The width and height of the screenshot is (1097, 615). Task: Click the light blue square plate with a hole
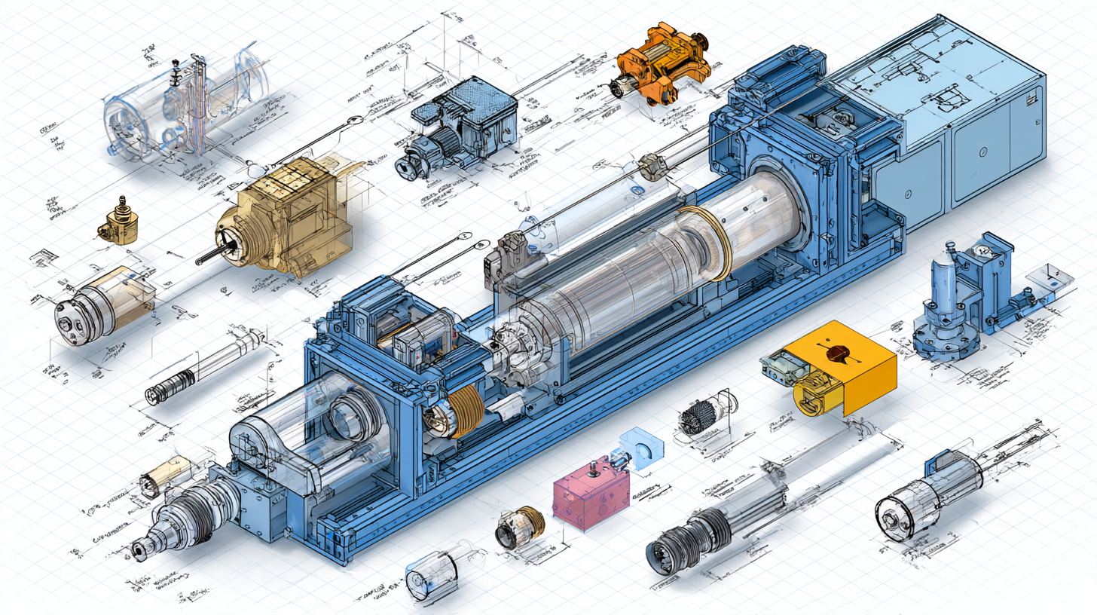pyautogui.click(x=642, y=451)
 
